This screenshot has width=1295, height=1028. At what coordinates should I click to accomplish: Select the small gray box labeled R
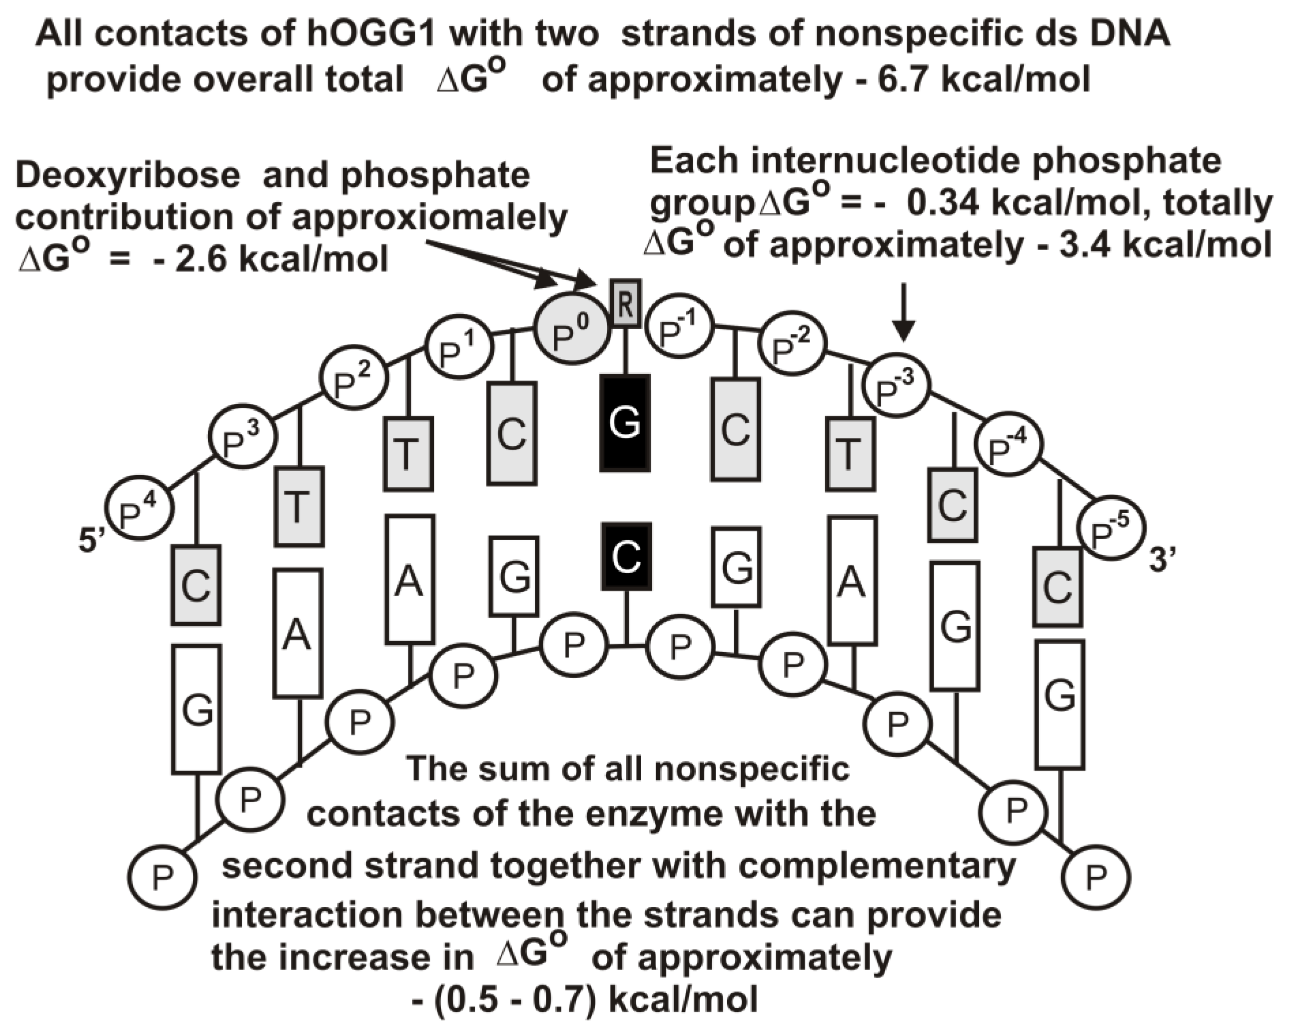tap(625, 303)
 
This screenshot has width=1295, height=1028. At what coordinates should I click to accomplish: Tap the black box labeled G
tap(625, 422)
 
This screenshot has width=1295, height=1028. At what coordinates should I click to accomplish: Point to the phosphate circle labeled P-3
tap(896, 385)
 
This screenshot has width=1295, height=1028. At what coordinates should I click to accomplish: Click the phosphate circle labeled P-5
tap(1111, 528)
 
